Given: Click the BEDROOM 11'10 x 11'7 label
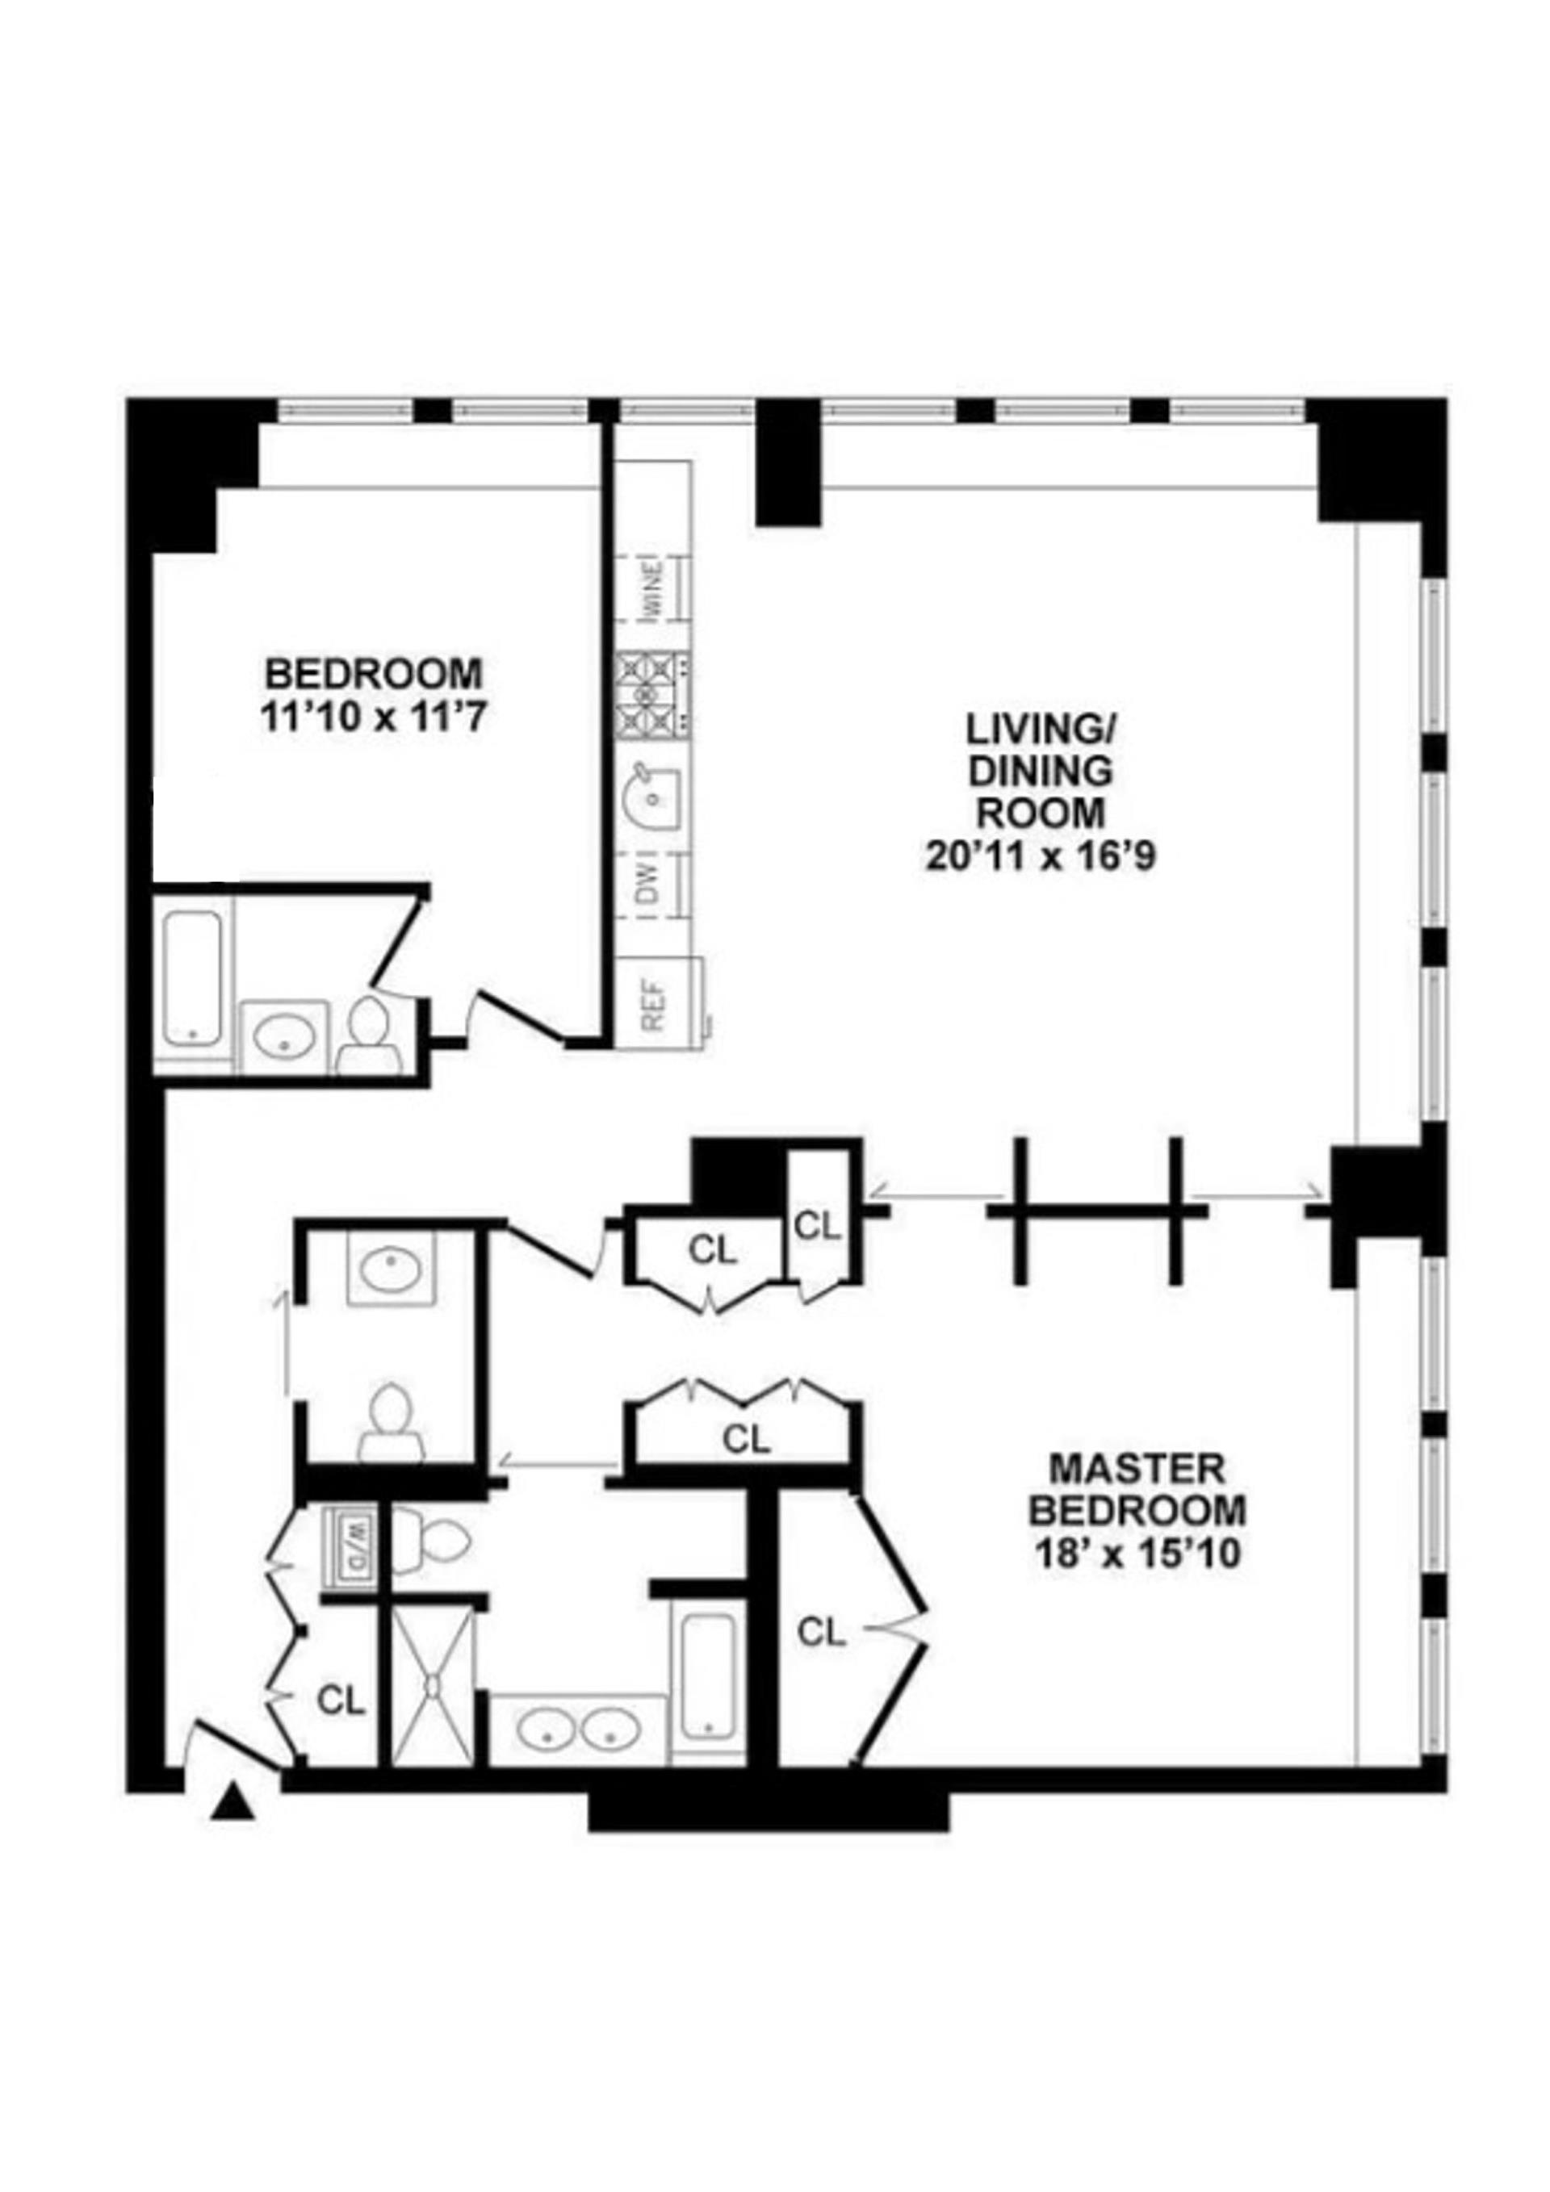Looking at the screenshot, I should (x=374, y=694).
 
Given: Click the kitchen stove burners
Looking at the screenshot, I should (x=653, y=695).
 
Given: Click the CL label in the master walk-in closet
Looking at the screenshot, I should (x=821, y=1633).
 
